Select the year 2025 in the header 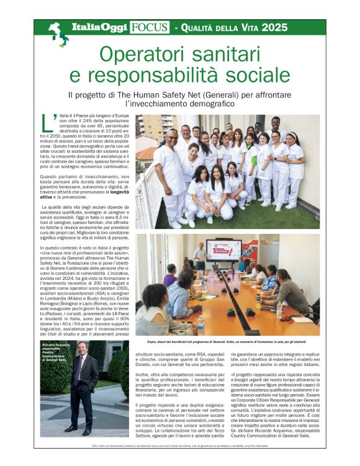pyautogui.click(x=274, y=27)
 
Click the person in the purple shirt pyautogui.click(x=171, y=276)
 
